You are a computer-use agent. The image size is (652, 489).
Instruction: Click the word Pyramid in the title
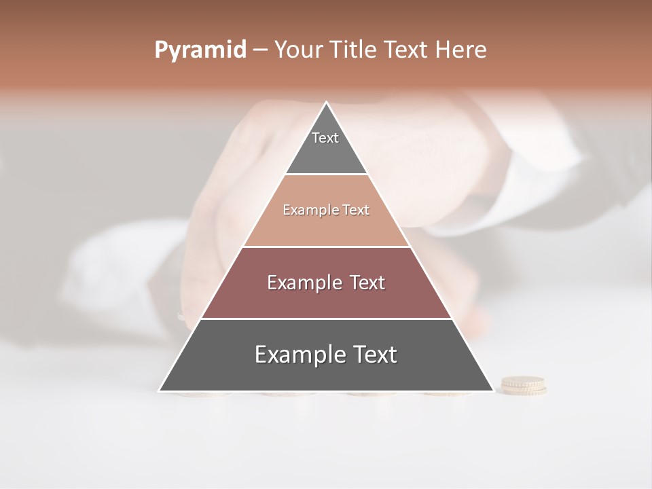[x=200, y=50]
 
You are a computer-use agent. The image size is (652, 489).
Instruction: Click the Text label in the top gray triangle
[x=325, y=138]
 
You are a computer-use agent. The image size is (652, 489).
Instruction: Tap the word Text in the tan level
[x=356, y=211]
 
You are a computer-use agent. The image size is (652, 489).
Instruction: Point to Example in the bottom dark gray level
[x=296, y=355]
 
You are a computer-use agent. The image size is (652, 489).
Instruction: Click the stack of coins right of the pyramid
[x=524, y=386]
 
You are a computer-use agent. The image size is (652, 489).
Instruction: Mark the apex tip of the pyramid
[x=327, y=103]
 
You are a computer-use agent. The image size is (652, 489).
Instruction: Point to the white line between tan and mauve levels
[x=327, y=247]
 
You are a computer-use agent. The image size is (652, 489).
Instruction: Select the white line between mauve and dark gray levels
[x=327, y=319]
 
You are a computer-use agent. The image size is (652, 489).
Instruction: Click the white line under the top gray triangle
[x=327, y=175]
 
